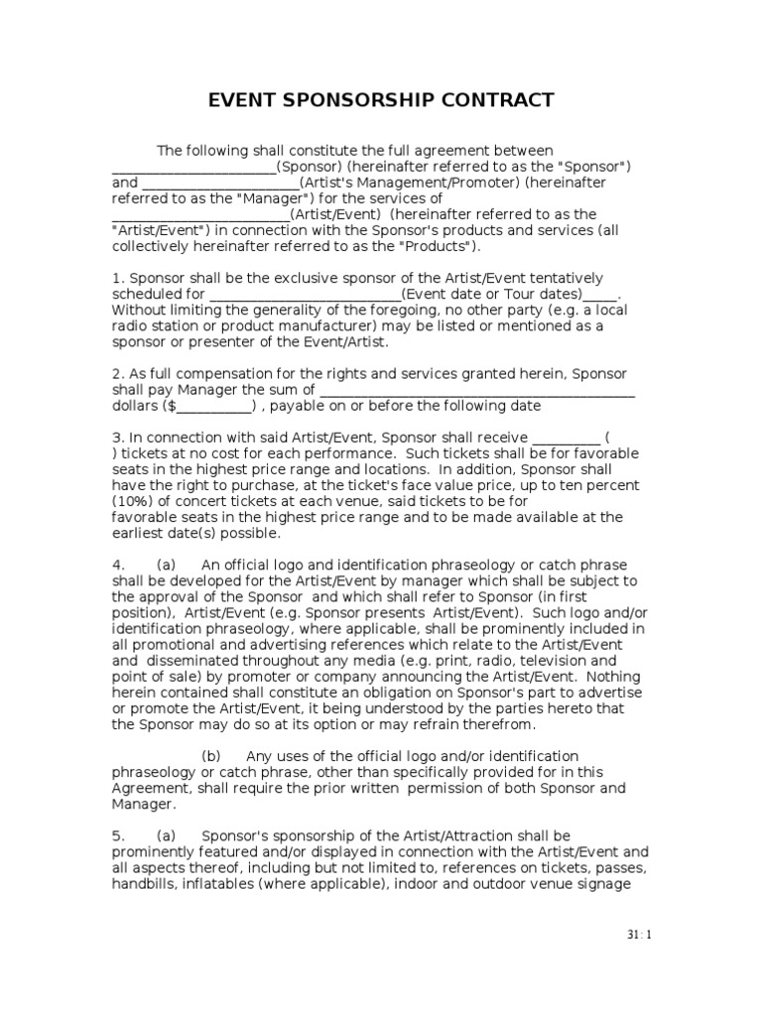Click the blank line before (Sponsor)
point(192,167)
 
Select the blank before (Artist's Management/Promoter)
point(219,183)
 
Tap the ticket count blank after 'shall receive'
point(567,438)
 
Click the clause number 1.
point(116,278)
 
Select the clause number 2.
point(116,373)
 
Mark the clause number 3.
point(116,438)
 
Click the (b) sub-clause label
point(212,756)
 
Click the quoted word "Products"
point(439,246)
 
